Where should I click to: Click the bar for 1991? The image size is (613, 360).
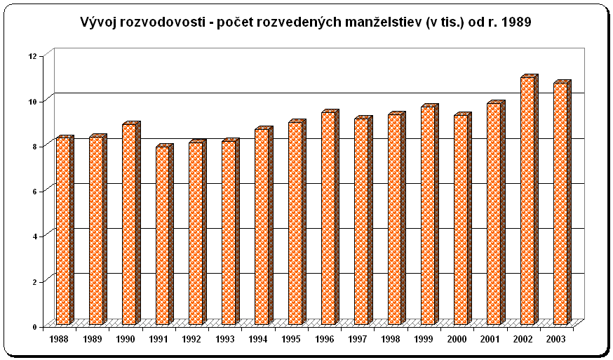click(164, 234)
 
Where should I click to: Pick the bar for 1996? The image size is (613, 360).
click(330, 217)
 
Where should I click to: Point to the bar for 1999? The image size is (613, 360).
click(430, 215)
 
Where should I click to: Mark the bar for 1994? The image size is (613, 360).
click(264, 226)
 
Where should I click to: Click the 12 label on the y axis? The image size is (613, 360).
click(32, 56)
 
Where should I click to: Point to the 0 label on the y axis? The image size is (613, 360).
click(34, 327)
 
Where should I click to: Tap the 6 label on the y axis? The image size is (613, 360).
click(34, 192)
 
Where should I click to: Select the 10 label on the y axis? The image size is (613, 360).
click(32, 102)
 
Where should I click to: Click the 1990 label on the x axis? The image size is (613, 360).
click(125, 339)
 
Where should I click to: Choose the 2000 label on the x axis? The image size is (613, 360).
click(457, 339)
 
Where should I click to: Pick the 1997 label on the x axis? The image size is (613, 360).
click(357, 339)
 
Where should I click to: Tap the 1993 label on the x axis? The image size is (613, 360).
click(225, 339)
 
